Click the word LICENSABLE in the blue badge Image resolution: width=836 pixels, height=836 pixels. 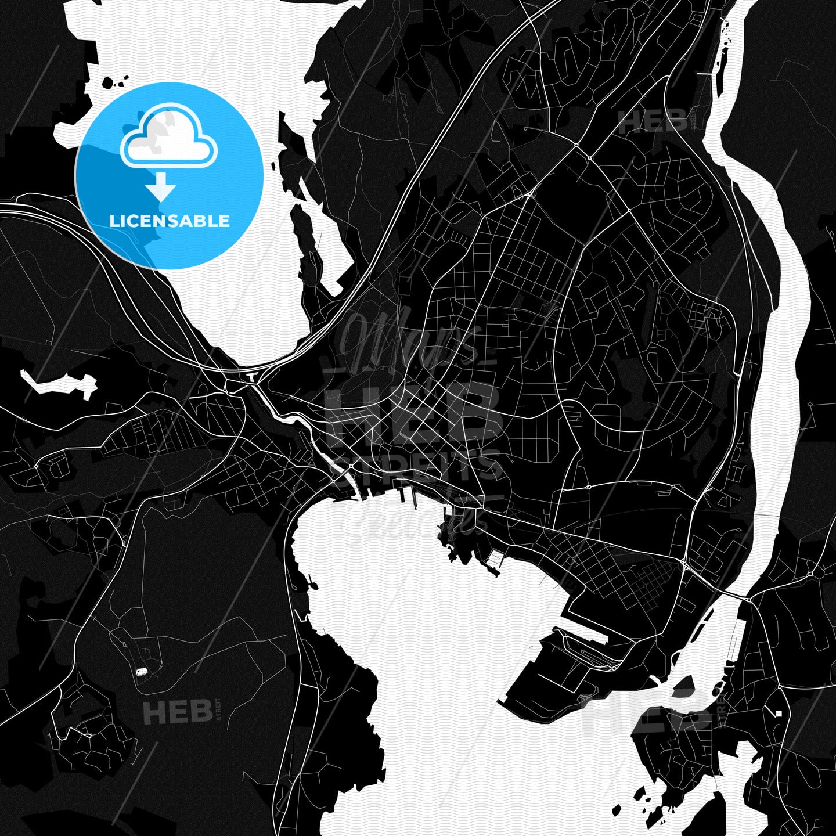click(x=170, y=221)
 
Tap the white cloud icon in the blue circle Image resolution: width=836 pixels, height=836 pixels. click(x=168, y=136)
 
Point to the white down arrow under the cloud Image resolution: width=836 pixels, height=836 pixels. click(x=161, y=188)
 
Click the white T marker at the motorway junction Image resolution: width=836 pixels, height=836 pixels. click(x=251, y=377)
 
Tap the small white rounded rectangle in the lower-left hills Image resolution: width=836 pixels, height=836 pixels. click(x=141, y=672)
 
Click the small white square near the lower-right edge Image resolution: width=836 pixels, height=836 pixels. click(x=779, y=713)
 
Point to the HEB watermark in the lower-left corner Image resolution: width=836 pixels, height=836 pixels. click(x=178, y=712)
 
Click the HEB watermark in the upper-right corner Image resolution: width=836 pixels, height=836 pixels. click(x=653, y=122)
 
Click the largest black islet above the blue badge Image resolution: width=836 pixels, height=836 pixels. click(x=108, y=83)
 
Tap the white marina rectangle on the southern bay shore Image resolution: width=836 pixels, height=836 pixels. click(x=495, y=558)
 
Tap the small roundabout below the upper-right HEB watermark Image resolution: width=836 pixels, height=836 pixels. click(x=576, y=144)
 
